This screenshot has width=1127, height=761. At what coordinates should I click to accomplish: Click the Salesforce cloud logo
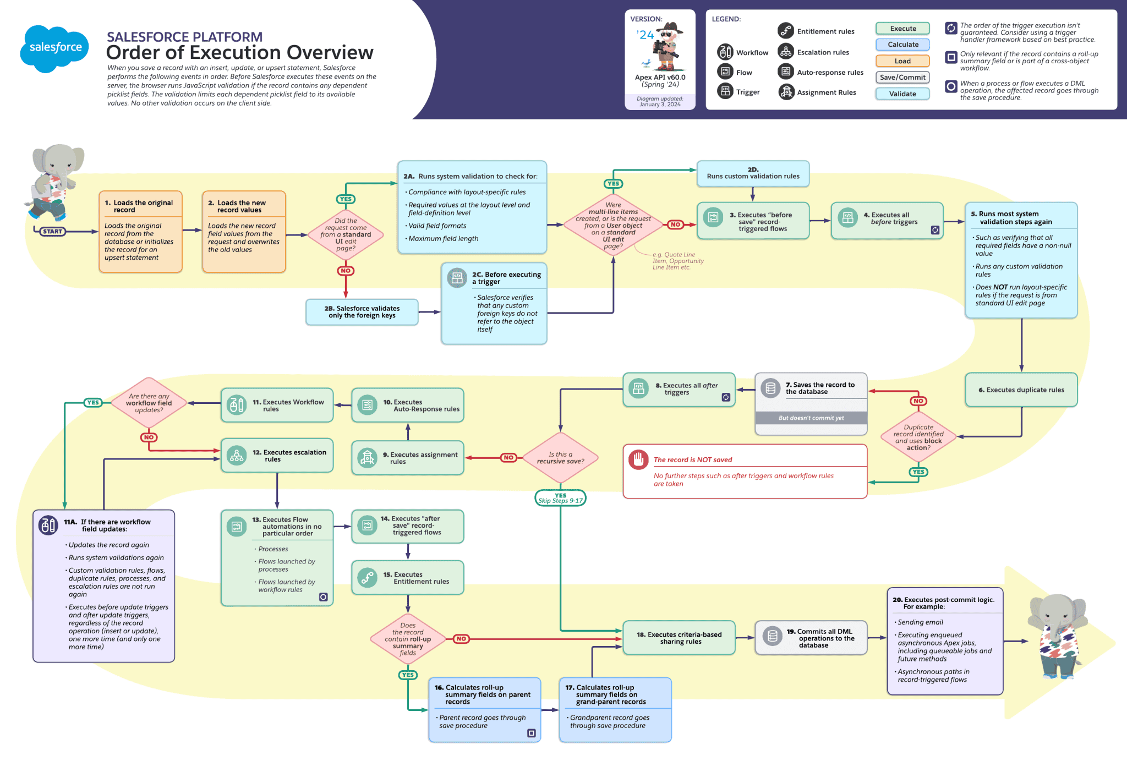55,48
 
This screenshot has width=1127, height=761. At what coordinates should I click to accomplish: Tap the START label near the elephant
52,232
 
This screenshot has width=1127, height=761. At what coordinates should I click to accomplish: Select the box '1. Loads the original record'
140,232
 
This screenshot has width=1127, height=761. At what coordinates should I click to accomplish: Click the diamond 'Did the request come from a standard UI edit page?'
346,235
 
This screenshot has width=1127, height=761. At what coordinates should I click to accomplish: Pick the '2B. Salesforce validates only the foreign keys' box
362,312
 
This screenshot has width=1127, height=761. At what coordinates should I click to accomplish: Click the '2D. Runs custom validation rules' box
752,173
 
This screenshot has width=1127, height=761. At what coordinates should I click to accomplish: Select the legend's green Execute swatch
902,29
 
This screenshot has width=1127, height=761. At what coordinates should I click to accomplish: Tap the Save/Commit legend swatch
902,78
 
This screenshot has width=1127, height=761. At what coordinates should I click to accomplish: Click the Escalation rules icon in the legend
786,52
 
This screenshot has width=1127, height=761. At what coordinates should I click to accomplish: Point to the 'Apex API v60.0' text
660,78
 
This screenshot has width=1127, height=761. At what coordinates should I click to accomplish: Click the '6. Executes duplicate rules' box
1021,390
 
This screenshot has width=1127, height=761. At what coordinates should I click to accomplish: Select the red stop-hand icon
638,459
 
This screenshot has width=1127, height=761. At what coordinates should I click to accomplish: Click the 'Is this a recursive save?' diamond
560,458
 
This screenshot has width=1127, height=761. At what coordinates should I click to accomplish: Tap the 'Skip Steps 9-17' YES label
560,498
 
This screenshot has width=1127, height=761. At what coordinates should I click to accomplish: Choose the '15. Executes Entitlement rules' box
408,578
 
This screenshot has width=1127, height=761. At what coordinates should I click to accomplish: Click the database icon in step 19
772,636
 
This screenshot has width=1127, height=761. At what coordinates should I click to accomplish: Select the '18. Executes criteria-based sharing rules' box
679,638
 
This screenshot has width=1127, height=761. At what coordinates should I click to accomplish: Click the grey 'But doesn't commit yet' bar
811,418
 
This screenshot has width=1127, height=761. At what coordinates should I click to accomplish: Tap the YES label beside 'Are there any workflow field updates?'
93,403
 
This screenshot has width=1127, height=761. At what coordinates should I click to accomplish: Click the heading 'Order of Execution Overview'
239,53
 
